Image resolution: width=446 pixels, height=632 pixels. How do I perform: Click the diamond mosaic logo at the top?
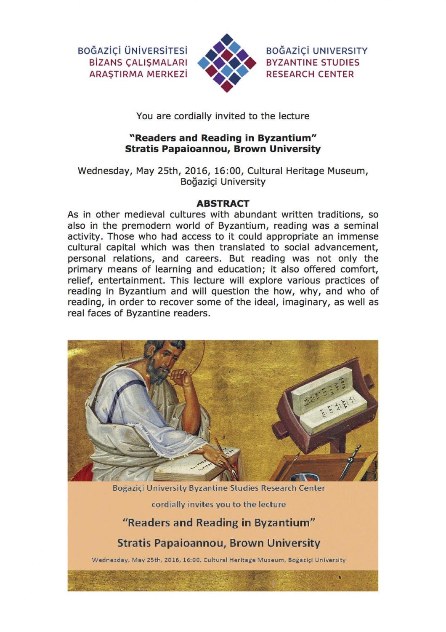[x=227, y=63]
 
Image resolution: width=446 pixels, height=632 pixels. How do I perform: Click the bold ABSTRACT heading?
[x=223, y=204]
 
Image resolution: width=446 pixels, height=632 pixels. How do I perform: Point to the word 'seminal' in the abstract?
[x=361, y=226]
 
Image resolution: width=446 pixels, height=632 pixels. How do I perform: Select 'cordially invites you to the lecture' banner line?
[x=218, y=505]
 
